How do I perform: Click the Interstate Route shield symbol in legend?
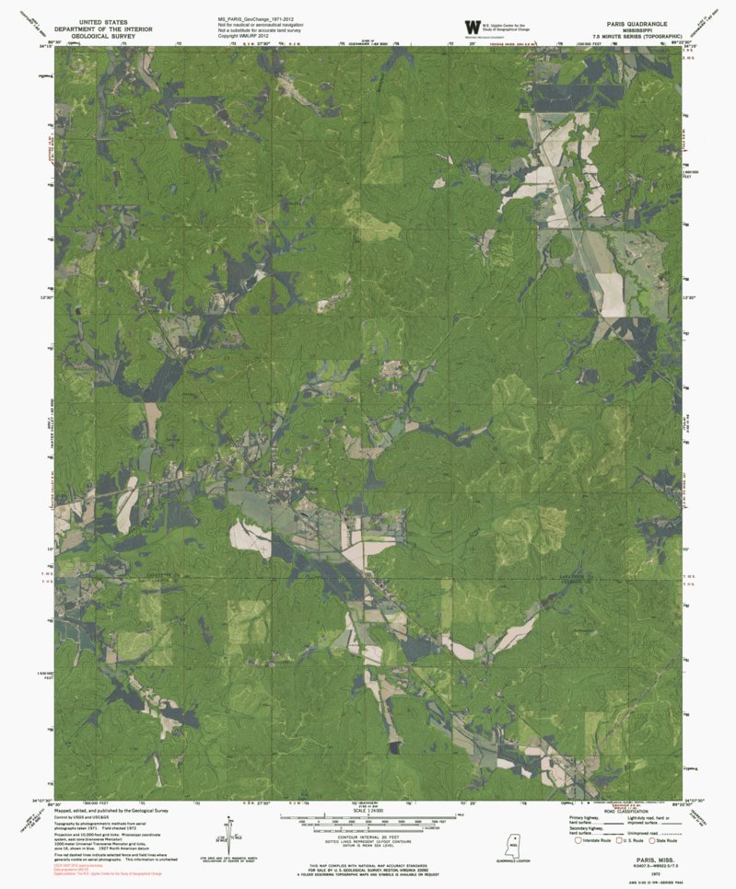coord(578,840)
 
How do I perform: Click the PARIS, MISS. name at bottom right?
coord(643,854)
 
